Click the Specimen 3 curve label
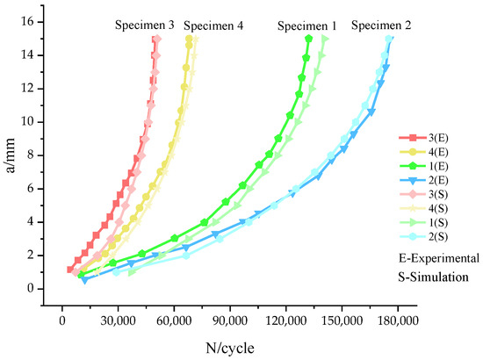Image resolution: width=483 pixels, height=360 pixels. point(144,25)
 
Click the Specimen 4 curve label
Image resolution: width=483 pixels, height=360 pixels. point(213,25)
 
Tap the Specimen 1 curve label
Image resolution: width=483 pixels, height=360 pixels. point(306,25)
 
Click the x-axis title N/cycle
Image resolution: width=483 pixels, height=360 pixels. point(226,348)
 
